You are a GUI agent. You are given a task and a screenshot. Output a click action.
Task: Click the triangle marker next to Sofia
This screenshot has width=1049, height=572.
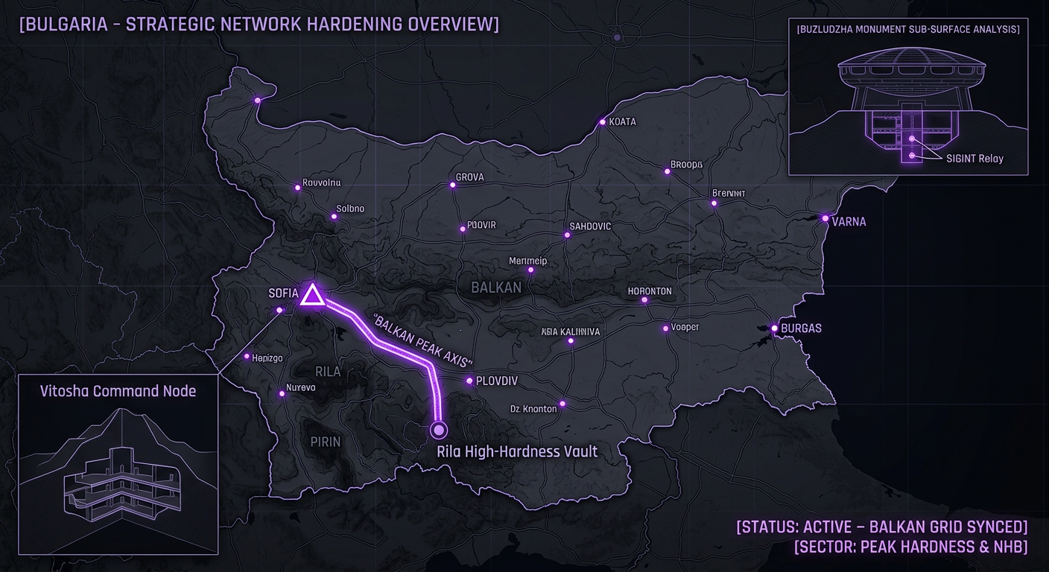tap(312, 296)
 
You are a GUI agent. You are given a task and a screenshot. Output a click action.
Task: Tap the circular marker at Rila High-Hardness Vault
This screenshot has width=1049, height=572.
tap(438, 429)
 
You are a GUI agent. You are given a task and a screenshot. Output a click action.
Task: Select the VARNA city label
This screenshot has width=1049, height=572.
tap(849, 222)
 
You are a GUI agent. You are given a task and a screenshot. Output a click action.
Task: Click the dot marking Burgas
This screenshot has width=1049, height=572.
tap(775, 328)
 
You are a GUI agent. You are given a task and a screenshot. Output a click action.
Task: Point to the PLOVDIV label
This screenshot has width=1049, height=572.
tap(496, 381)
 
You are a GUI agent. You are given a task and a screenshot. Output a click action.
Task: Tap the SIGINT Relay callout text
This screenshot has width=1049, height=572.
tap(974, 158)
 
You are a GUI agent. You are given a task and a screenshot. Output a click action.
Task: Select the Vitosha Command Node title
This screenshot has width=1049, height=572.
tap(118, 391)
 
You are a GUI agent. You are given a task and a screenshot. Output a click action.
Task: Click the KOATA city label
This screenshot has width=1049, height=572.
tap(622, 121)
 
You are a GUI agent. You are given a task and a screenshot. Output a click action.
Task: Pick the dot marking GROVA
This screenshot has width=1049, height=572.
tap(452, 185)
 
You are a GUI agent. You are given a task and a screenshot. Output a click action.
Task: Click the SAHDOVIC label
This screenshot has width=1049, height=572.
tap(590, 226)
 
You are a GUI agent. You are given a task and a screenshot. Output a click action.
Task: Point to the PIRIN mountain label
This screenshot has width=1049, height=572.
tap(326, 442)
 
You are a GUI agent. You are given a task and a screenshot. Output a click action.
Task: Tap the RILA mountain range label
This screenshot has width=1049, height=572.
tap(328, 372)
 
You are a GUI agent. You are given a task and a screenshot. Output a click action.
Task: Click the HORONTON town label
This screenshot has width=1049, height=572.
tap(650, 291)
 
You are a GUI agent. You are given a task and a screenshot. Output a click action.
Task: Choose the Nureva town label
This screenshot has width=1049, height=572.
tap(300, 387)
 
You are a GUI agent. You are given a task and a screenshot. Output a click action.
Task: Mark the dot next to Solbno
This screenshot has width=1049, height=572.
tap(334, 217)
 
